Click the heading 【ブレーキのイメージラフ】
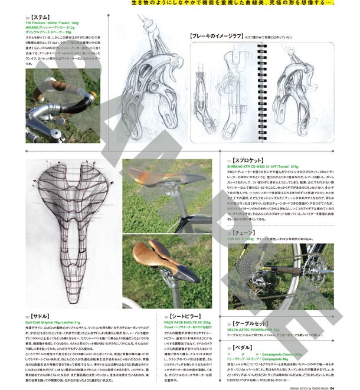[215, 36]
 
